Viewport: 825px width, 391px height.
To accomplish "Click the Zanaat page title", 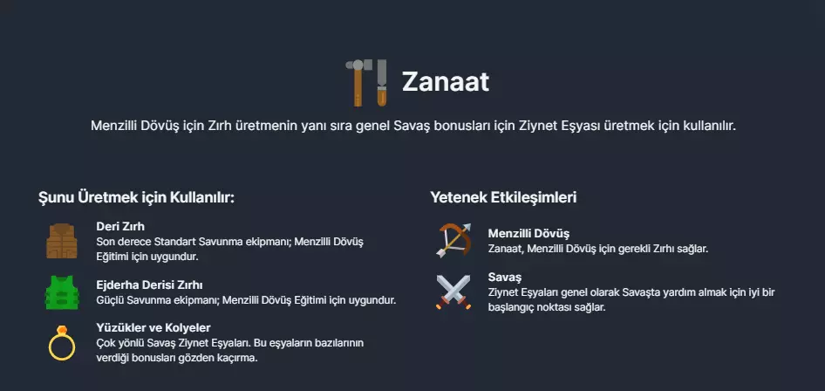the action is click(x=445, y=82).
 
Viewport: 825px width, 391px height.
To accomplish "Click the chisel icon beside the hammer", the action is click(x=382, y=83).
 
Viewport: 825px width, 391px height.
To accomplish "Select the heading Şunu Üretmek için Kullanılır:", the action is click(x=136, y=198).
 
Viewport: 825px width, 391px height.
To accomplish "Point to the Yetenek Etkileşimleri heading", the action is click(x=503, y=197).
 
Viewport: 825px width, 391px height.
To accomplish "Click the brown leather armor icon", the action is click(x=62, y=241).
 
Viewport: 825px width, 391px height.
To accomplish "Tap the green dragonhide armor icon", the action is click(x=62, y=292).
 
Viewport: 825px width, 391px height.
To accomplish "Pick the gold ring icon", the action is click(x=62, y=343).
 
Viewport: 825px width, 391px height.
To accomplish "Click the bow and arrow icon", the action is click(x=453, y=240).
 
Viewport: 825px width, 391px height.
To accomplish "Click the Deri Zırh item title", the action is click(x=120, y=226).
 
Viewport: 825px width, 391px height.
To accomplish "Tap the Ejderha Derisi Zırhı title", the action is click(x=149, y=285).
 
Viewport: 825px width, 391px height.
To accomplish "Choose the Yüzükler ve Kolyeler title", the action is click(x=153, y=328).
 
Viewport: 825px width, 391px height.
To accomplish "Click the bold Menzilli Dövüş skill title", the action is click(x=528, y=233).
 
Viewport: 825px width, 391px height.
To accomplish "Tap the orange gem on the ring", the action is click(x=62, y=330).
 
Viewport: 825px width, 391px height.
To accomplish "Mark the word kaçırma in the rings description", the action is click(x=240, y=359).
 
